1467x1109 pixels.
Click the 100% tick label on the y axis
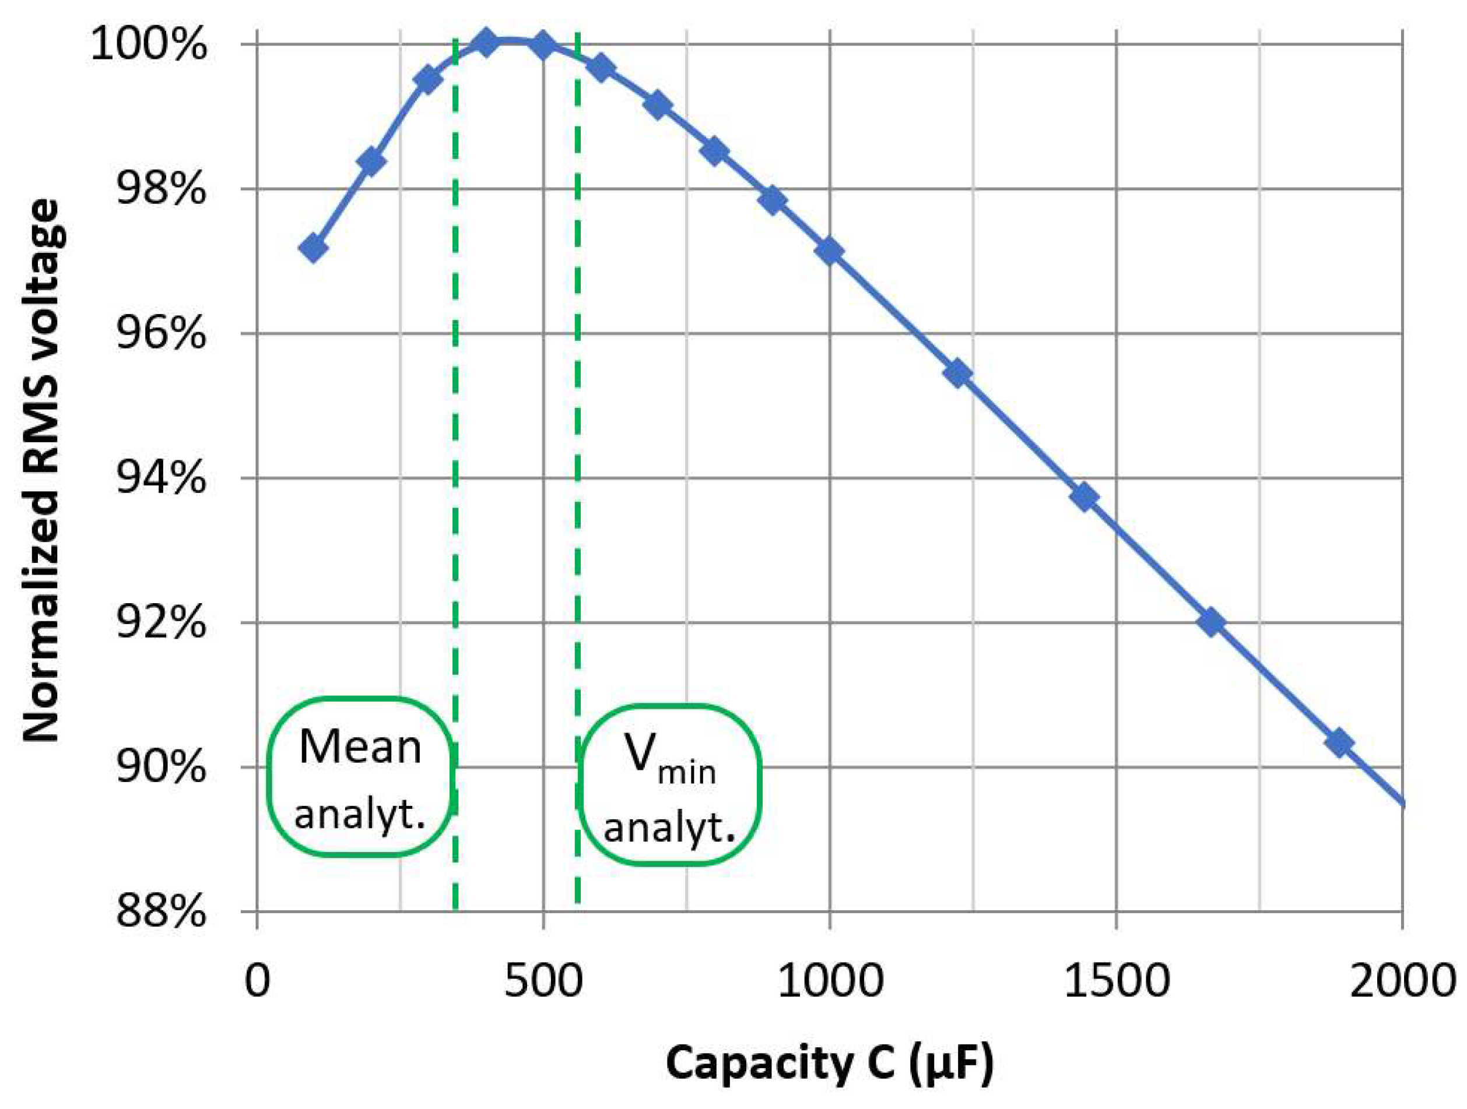148,45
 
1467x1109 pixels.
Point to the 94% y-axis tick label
160,478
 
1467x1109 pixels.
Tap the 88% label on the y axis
160,912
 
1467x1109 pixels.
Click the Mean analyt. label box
360,777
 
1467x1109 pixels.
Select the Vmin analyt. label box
669,785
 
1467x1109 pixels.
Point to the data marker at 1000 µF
830,251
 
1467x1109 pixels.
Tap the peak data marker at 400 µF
486,44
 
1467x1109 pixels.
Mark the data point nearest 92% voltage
1211,622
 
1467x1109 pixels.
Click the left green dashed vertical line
455,464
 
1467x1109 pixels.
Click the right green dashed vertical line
578,464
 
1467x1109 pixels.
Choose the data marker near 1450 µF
1085,497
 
